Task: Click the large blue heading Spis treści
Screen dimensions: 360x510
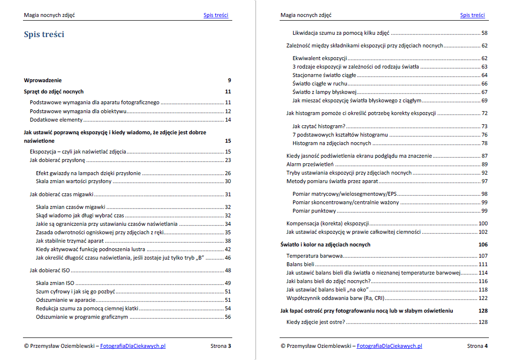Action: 44,34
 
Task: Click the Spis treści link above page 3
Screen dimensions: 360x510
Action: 216,15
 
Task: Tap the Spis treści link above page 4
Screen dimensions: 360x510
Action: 472,15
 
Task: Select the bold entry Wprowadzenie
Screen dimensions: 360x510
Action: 43,80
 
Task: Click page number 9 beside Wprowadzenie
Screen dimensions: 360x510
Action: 229,80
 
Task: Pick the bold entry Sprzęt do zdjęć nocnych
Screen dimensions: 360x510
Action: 54,92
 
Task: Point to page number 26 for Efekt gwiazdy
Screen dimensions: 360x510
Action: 228,173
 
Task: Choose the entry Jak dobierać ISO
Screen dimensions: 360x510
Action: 50,270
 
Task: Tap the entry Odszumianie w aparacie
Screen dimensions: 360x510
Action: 65,300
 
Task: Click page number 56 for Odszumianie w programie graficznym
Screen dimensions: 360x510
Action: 228,317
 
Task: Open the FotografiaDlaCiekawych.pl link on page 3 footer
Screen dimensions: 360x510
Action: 133,346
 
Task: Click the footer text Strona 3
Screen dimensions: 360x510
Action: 221,346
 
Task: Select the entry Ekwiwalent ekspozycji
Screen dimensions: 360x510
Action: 320,58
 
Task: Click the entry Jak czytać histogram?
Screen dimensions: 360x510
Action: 319,126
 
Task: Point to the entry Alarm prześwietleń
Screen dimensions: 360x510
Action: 310,164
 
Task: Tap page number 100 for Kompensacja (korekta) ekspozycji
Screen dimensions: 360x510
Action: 483,223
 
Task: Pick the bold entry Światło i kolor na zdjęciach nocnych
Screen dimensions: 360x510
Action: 325,245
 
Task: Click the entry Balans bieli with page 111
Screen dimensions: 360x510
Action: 300,265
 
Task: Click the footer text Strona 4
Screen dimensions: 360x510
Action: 477,346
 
